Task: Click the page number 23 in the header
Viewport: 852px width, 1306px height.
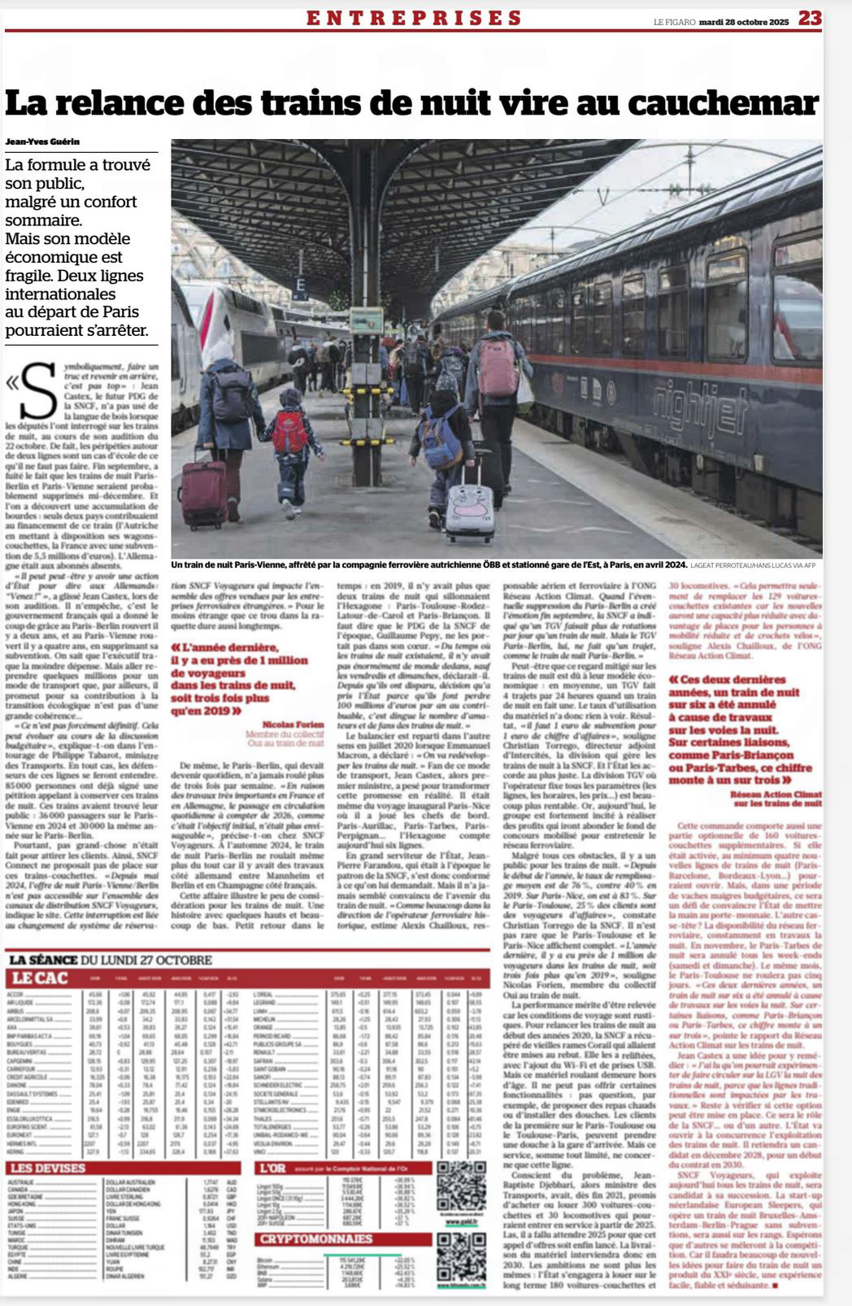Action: (810, 18)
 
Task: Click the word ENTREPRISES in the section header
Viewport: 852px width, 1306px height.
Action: (414, 18)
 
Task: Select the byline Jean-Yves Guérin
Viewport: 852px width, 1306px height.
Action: (42, 141)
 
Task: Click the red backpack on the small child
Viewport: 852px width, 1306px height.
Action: (290, 431)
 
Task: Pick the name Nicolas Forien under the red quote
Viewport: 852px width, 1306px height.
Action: (292, 724)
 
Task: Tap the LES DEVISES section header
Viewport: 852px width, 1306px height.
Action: (47, 1168)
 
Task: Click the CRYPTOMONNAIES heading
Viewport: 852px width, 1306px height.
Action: (316, 1239)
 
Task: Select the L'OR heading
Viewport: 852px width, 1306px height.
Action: (272, 1168)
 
